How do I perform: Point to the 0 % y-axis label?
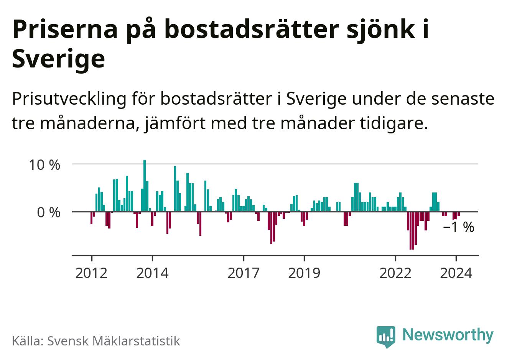coord(49,212)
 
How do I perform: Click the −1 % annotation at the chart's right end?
coord(458,227)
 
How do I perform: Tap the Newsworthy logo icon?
coord(385,336)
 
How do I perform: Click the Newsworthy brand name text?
coord(448,335)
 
